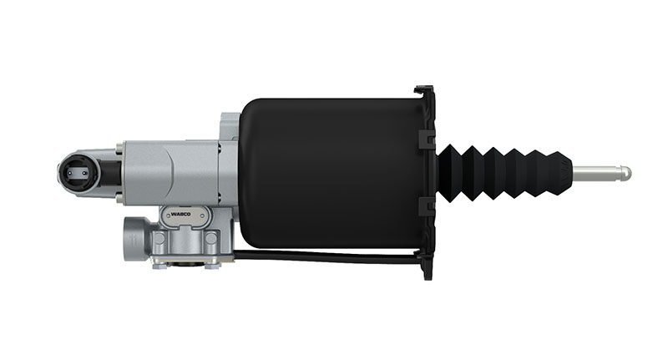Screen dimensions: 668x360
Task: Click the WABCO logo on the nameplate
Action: tap(180, 215)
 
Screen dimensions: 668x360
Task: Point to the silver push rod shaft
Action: tap(596, 173)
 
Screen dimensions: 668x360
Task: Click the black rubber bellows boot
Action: tap(504, 173)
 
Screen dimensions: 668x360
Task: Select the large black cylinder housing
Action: tap(332, 174)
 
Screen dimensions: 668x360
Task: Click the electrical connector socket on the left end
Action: tap(78, 173)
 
